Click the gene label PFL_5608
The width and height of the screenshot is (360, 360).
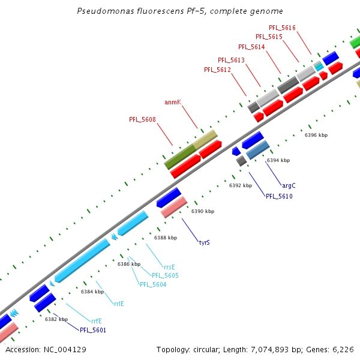click(142, 119)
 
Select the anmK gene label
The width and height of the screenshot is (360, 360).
click(173, 103)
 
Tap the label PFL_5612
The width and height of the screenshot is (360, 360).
click(217, 70)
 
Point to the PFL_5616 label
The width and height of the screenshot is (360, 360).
click(282, 28)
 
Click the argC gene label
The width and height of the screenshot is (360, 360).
click(289, 186)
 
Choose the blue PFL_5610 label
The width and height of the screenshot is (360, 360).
click(279, 196)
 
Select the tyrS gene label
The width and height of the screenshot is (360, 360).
click(204, 243)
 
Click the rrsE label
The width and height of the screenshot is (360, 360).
click(169, 267)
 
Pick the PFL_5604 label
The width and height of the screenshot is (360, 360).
click(153, 284)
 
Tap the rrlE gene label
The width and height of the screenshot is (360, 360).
click(119, 304)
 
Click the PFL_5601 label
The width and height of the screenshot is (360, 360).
click(93, 330)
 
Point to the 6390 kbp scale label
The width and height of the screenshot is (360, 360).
click(202, 212)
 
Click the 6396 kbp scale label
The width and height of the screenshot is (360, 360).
click(316, 136)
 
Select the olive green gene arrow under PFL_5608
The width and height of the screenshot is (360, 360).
click(179, 156)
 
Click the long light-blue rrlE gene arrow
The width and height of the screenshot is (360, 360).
click(82, 260)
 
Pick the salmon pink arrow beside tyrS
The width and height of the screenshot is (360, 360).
click(174, 207)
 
